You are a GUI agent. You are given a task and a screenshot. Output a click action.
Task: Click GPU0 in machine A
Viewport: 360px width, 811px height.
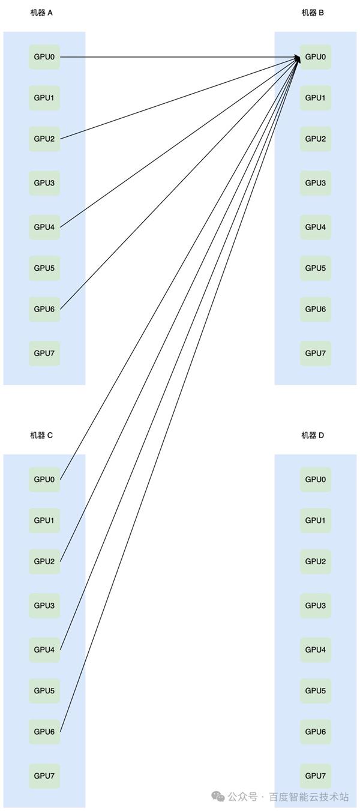44,57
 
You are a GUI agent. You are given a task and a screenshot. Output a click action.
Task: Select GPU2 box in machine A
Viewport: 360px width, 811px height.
44,139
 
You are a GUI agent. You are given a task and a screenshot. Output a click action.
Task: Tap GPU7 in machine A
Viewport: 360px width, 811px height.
44,353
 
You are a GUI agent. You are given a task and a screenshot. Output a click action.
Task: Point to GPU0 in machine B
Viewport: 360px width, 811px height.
316,57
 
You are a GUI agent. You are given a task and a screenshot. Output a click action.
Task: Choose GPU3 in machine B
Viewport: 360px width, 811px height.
316,182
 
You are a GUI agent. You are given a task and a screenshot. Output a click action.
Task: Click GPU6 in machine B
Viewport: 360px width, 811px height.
316,309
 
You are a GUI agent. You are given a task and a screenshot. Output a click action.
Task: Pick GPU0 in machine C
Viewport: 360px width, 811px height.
44,479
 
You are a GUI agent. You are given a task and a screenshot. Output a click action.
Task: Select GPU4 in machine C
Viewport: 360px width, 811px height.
44,650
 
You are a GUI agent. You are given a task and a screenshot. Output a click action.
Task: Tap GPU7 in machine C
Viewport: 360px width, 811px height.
44,776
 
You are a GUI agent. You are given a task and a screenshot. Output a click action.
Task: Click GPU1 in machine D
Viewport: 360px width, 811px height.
316,520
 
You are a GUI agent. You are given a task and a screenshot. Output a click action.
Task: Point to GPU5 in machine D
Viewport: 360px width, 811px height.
316,690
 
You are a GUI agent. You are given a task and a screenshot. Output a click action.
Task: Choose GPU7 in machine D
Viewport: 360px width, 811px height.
316,776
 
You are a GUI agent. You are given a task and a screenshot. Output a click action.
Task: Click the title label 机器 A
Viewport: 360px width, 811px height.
41,13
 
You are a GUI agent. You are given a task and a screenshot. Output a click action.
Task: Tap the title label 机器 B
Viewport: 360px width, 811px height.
313,13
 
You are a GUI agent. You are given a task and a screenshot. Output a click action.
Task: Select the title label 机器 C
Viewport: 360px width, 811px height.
41,435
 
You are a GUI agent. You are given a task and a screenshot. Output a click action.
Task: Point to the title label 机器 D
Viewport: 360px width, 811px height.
313,435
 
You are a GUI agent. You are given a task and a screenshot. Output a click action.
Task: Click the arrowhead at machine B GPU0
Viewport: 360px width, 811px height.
297,58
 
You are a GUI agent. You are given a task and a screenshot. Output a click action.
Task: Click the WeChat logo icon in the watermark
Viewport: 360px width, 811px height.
217,797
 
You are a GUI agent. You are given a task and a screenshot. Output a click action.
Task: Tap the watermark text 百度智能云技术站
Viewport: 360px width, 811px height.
308,797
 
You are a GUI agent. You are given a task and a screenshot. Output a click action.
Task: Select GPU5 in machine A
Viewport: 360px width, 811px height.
44,268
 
